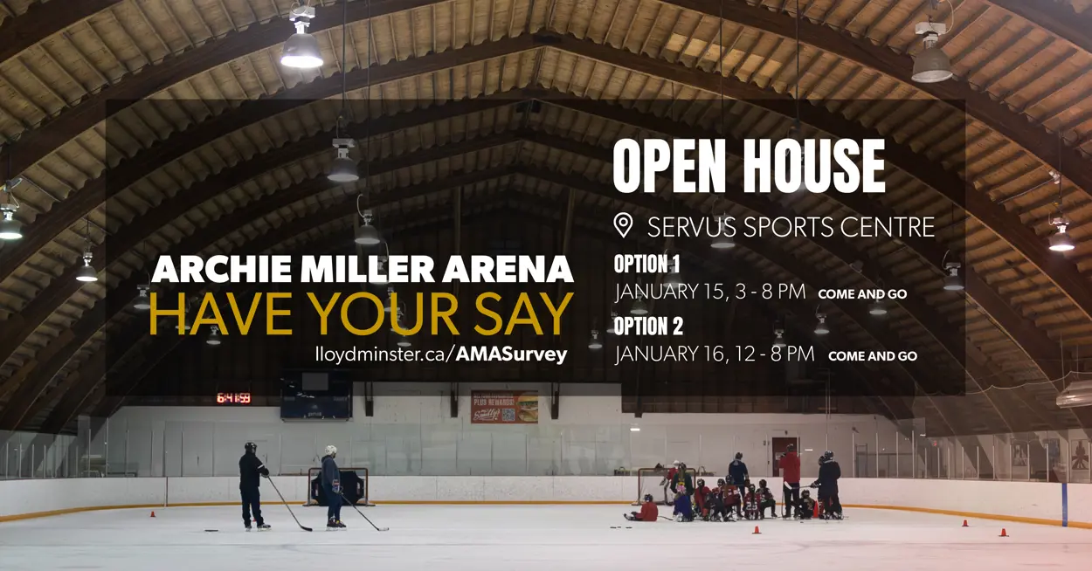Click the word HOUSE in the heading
(813, 166)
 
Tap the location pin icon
(623, 225)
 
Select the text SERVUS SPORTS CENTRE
(791, 227)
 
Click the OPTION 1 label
(646, 264)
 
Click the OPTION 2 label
(648, 326)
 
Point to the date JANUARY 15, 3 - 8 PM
(709, 292)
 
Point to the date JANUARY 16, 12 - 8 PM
(715, 354)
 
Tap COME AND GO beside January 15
(862, 294)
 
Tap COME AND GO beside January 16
(873, 356)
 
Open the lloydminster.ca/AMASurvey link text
(441, 354)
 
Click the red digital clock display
(233, 398)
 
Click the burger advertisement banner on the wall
(505, 407)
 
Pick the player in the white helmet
(333, 486)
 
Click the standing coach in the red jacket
(790, 481)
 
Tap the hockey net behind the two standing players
(338, 486)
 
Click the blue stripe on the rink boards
(1064, 505)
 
